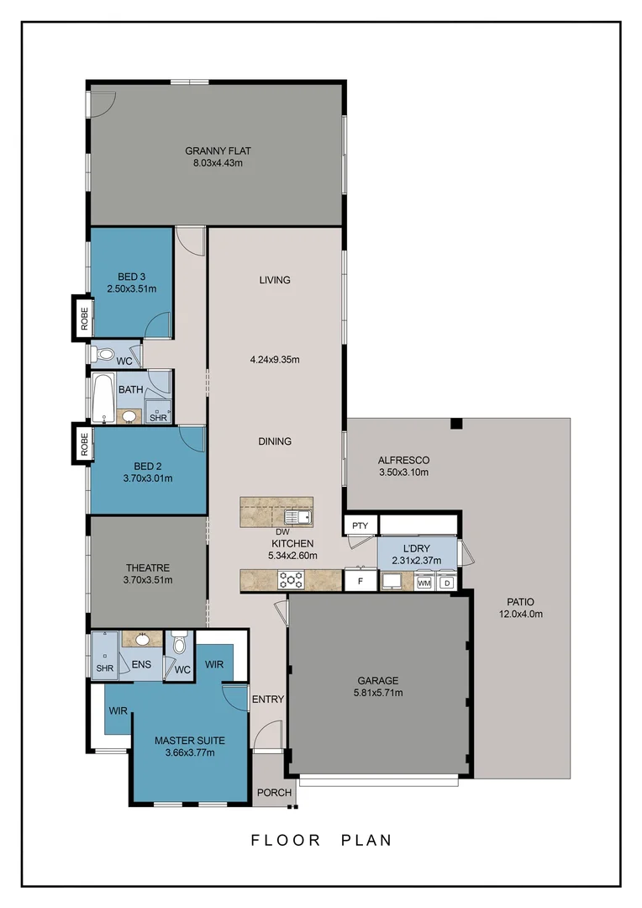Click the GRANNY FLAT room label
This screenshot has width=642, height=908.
point(218,151)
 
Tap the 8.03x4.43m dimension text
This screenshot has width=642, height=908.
point(218,163)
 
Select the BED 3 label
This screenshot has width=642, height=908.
point(131,277)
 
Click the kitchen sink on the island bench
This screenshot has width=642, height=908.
point(298,516)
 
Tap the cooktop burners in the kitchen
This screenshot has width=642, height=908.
point(291,579)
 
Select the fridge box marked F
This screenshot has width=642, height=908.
point(360,580)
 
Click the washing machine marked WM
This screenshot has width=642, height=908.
point(424,582)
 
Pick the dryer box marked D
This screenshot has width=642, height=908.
point(447,582)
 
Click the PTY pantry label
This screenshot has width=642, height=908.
point(360,526)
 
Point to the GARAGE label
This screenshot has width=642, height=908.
point(377,681)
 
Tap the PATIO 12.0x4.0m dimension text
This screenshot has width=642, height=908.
point(520,614)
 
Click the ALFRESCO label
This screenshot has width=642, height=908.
point(403,460)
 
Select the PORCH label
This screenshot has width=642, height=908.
point(274,793)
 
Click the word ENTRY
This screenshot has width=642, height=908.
point(268,699)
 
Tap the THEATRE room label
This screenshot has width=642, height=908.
point(148,567)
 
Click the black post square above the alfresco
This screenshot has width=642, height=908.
point(456,424)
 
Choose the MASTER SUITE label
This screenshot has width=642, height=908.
point(189,741)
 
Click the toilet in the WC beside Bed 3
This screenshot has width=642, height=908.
point(104,354)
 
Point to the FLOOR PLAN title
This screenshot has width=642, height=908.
point(321,840)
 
